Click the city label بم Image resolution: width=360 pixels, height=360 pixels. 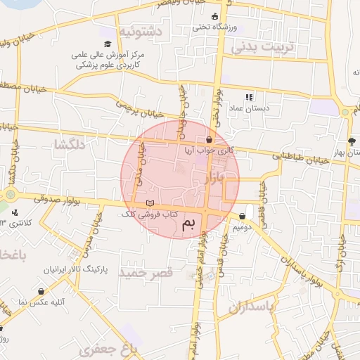coord(191,225)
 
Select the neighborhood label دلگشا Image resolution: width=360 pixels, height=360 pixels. coord(69,145)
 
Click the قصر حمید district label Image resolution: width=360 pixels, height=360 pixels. coord(146,271)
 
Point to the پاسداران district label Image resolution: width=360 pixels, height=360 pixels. coord(247,307)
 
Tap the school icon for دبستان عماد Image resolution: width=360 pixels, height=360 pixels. coord(247,97)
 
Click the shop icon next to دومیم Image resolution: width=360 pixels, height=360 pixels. coord(243,217)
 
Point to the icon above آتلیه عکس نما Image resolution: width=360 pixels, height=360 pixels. coord(41,291)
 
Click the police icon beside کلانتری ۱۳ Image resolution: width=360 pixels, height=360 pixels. coord(15,212)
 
